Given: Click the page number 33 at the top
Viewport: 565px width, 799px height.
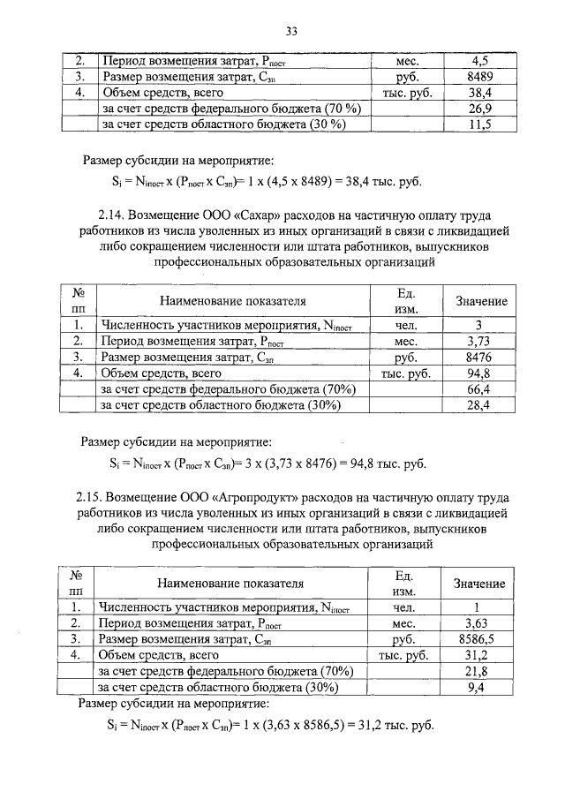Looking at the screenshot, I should click(290, 32).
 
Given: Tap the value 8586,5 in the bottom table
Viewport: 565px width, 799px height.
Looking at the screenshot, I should click(477, 639).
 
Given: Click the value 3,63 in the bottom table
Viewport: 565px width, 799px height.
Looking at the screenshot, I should click(477, 623).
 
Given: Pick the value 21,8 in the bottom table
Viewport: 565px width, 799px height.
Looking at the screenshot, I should click(477, 672).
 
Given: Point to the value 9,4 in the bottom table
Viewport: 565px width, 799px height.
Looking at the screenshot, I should click(477, 688).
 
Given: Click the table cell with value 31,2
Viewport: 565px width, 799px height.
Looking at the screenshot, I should click(477, 655).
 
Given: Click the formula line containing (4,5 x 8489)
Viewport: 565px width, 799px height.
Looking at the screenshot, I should click(261, 183).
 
